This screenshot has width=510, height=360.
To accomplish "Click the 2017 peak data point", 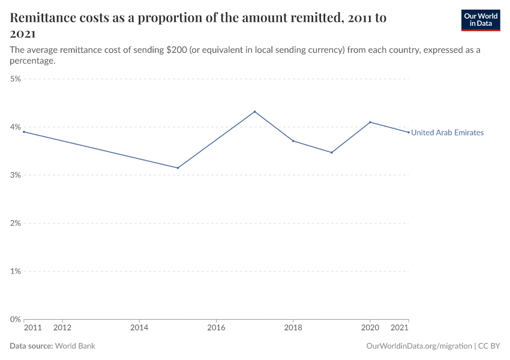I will pos(254,112).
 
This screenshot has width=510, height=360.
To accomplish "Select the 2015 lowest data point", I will pos(178,168).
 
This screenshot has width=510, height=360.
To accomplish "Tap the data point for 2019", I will pos(331,152).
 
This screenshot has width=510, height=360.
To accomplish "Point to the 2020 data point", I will pos(370,122).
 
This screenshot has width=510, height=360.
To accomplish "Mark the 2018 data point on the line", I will pos(293,141).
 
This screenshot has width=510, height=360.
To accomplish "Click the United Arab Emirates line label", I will pos(447,133).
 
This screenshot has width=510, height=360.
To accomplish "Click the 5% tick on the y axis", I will pos(15,79).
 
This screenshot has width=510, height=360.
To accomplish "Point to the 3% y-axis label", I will pos(15,175).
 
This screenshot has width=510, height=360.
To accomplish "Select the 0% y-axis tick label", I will pos(15,319).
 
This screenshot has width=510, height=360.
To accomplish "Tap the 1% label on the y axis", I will pos(15,271).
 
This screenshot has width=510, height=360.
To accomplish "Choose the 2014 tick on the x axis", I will pos(139,328).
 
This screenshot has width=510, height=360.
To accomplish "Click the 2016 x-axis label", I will pos(216,328).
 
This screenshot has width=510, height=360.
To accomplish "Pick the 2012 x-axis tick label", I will pos(62,328).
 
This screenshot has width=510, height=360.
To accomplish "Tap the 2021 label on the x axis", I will pos(400,328).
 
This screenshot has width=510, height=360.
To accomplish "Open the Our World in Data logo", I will pos(480,20).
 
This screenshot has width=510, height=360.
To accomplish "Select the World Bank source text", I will pos(75,346).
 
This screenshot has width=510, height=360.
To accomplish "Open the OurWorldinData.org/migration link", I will pos(418,346).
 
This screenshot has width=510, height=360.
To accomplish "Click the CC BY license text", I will pos(489,346).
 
